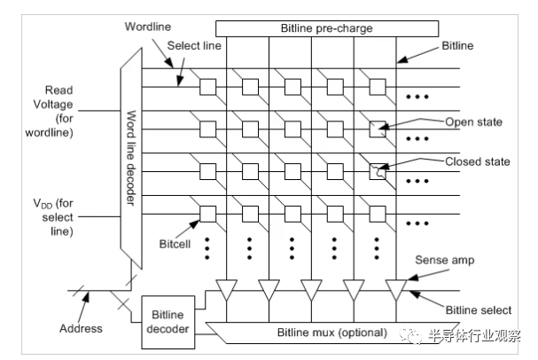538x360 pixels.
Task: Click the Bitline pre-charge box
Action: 327,28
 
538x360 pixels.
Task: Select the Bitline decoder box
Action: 168,322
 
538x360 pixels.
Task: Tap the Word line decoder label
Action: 130,158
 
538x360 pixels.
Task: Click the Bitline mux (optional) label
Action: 331,333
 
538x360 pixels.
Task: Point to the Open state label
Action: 473,121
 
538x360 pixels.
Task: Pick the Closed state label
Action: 477,161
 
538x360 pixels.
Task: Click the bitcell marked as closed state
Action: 378,172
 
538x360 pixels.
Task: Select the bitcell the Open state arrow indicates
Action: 378,129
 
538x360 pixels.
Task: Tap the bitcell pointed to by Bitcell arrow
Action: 208,215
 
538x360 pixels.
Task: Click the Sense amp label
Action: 445,260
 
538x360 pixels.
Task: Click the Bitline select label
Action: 479,310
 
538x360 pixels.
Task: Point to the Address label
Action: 81,328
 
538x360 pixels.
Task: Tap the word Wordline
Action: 148,27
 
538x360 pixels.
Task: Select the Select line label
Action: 194,45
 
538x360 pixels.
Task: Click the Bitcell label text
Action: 175,244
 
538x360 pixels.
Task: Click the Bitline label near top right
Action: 457,45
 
